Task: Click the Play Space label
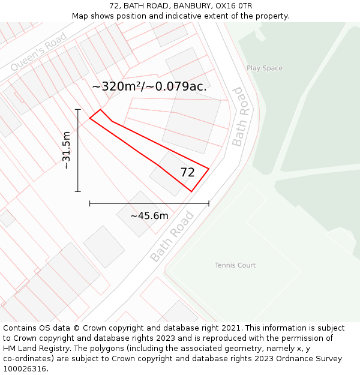click(x=264, y=68)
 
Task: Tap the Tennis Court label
click(x=235, y=265)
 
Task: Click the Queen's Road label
click(x=38, y=52)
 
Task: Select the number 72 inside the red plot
click(x=187, y=172)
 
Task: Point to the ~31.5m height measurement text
click(x=67, y=150)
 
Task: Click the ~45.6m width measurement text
click(x=149, y=215)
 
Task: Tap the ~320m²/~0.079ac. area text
click(x=149, y=86)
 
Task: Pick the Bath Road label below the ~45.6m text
click(x=172, y=236)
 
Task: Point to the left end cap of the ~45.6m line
click(x=89, y=204)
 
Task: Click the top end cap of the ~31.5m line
click(x=78, y=110)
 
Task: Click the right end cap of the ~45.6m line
click(x=209, y=204)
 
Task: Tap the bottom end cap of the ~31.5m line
click(x=78, y=191)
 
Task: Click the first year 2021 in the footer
click(x=231, y=328)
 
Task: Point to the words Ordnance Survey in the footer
click(x=311, y=359)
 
